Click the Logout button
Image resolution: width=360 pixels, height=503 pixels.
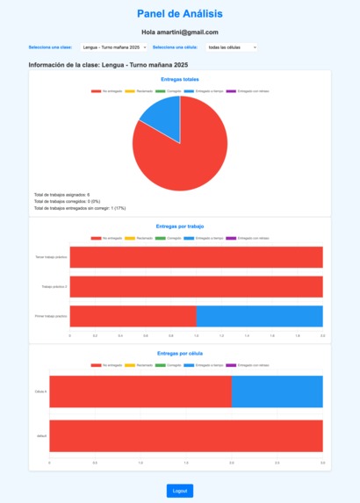point(179,491)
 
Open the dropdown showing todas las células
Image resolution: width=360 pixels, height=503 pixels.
point(231,47)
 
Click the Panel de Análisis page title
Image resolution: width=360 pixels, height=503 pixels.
point(179,13)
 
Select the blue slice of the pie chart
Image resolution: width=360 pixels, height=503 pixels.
point(163,119)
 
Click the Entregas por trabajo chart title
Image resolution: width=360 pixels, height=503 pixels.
point(179,226)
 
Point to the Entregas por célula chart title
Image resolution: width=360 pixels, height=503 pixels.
point(179,353)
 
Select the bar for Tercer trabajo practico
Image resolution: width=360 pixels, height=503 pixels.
point(196,257)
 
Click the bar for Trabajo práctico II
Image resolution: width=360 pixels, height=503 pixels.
point(196,287)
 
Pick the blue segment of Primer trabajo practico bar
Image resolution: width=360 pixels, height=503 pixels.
point(259,316)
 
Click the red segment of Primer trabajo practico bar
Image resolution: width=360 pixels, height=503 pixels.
point(133,316)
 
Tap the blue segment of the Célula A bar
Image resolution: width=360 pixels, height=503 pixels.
point(277,392)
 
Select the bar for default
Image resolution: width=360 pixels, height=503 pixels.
point(185,435)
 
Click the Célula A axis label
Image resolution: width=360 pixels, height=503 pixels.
point(40,392)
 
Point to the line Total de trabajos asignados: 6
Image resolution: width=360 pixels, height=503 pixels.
point(61,194)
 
